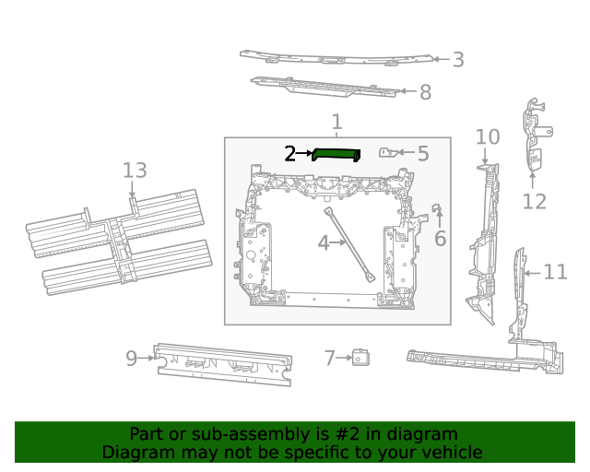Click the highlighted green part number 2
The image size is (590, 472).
[336, 154]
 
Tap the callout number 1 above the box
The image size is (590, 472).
[336, 122]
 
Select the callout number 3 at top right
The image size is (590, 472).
[457, 60]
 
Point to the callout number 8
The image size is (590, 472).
[424, 92]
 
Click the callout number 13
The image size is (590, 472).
[135, 171]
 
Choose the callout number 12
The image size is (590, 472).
[535, 202]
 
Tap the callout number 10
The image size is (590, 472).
[488, 138]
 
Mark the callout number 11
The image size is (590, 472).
[555, 272]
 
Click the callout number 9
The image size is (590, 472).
[132, 358]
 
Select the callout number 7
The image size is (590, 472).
[329, 358]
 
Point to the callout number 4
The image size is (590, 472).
[323, 243]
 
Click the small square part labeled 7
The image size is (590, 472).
[360, 358]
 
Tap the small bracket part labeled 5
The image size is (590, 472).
[392, 152]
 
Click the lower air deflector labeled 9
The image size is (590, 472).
[221, 363]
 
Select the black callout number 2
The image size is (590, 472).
[289, 154]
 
